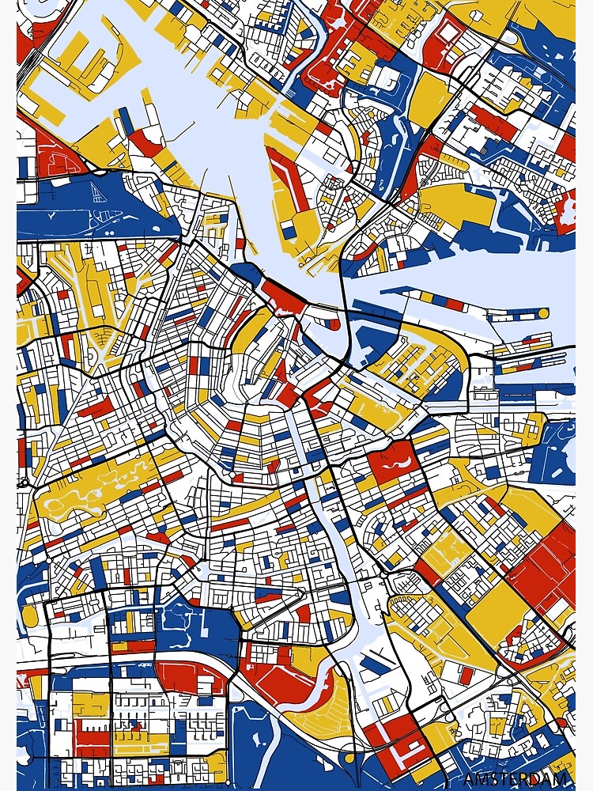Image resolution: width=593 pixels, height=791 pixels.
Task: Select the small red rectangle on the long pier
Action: (x=455, y=303)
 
